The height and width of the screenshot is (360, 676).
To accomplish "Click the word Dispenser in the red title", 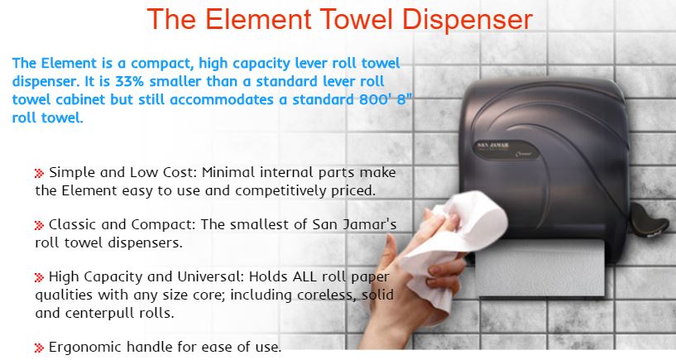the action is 467,19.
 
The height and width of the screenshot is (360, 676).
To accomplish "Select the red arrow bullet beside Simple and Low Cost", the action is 39,173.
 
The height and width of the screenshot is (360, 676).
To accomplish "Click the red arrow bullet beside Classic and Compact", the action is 39,225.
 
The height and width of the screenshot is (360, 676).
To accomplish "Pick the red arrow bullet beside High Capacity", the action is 39,277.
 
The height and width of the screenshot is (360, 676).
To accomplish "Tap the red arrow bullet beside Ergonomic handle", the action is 39,348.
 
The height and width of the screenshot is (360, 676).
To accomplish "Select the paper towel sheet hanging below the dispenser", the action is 541,267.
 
